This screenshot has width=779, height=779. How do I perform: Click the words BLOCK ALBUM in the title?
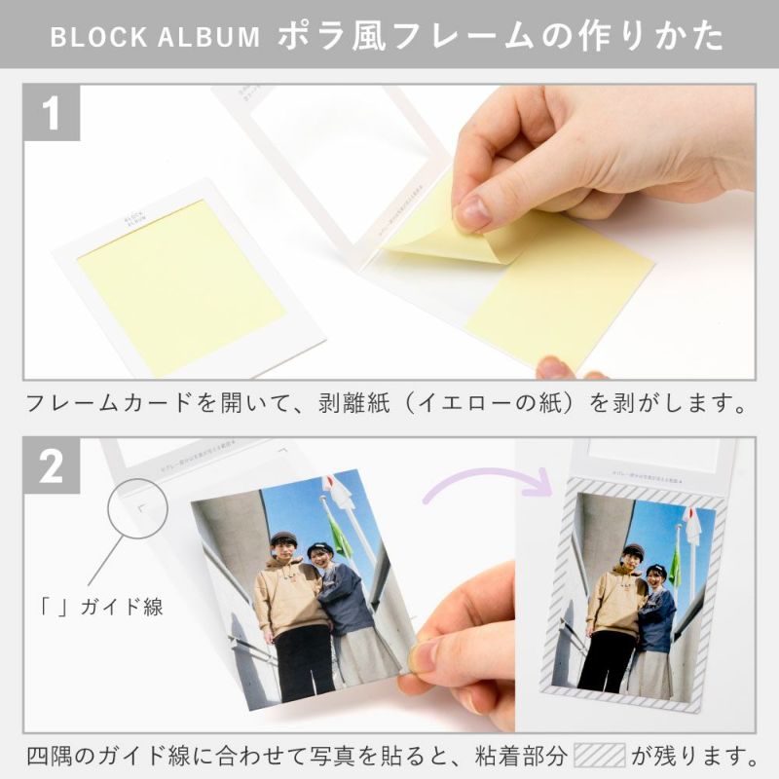[x=155, y=38]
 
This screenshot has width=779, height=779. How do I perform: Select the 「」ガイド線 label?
[x=95, y=608]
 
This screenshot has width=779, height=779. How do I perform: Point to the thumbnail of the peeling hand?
[x=473, y=210]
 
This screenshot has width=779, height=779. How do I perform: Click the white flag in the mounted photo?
[x=692, y=527]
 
